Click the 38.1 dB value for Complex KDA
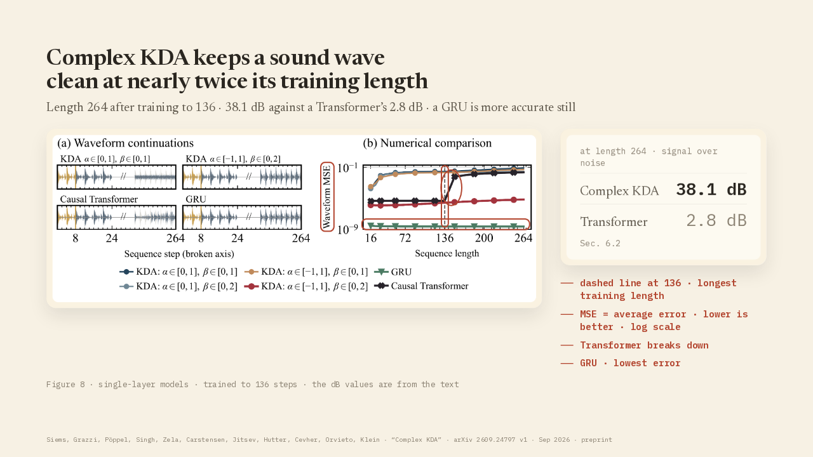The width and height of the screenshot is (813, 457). [x=711, y=190]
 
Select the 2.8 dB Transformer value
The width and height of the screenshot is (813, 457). [x=716, y=220]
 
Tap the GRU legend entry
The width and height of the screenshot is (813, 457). [x=393, y=272]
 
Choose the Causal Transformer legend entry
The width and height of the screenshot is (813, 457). [x=421, y=286]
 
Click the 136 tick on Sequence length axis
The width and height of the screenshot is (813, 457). [x=445, y=238]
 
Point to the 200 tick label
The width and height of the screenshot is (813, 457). [x=484, y=238]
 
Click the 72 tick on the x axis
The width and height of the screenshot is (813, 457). [x=405, y=238]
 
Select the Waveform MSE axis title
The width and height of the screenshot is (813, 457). [x=327, y=197]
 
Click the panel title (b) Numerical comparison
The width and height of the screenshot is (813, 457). [x=427, y=143]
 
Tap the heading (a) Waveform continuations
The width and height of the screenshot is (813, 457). [x=125, y=143]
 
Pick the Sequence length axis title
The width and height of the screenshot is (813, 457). [x=447, y=253]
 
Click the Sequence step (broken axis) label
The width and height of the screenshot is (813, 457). [x=179, y=253]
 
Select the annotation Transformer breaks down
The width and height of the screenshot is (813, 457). [x=644, y=345]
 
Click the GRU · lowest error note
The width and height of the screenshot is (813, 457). [x=630, y=363]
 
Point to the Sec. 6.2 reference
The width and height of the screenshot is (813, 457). [x=600, y=243]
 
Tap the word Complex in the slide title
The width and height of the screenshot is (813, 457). [x=91, y=58]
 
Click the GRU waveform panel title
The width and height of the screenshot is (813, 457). [x=196, y=199]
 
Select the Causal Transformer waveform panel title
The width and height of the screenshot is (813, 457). [x=98, y=199]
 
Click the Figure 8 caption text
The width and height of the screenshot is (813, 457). [x=253, y=385]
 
